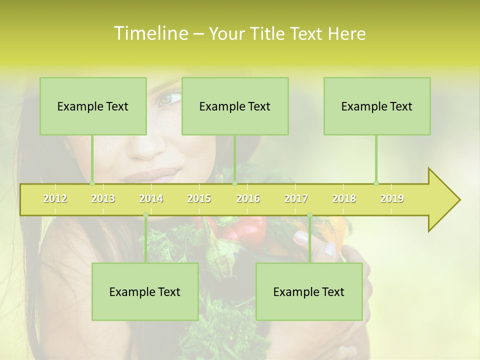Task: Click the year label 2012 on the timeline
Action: point(55,198)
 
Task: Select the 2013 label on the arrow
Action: point(103,198)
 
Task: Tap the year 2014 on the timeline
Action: point(151,198)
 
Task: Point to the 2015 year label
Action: point(199,198)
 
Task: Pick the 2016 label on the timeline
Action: point(248,198)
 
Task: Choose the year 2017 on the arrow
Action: point(296,198)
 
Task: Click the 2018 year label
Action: point(344,198)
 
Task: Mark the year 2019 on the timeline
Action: point(392,198)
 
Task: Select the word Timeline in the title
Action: point(150,33)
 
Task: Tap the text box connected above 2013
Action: point(93,106)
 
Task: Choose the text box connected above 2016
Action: point(235,106)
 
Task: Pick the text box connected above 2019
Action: point(377,106)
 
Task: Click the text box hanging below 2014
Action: point(145,291)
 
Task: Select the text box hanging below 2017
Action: point(309,291)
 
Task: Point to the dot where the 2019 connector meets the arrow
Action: point(376,183)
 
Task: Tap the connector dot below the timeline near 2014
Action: point(145,215)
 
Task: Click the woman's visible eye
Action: point(168,98)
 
